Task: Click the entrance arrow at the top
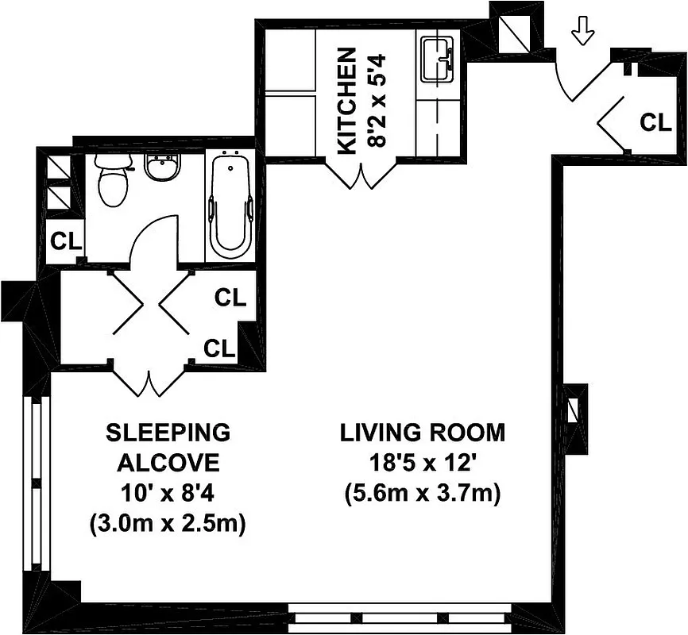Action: [583, 32]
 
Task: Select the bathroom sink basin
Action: [163, 168]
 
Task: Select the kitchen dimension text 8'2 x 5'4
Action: [377, 98]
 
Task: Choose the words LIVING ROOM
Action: [422, 433]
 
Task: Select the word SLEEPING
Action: [168, 433]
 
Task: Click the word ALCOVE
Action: [168, 464]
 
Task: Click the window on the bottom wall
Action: [397, 620]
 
